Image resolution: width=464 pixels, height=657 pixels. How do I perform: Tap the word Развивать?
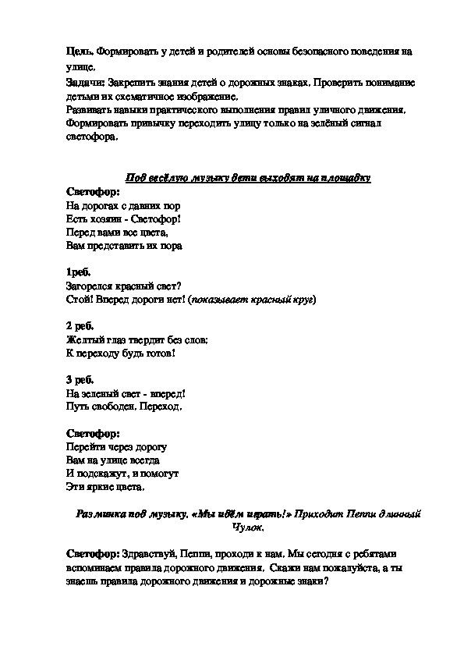[89, 111]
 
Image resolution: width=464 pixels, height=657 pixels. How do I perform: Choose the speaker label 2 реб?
[80, 326]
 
